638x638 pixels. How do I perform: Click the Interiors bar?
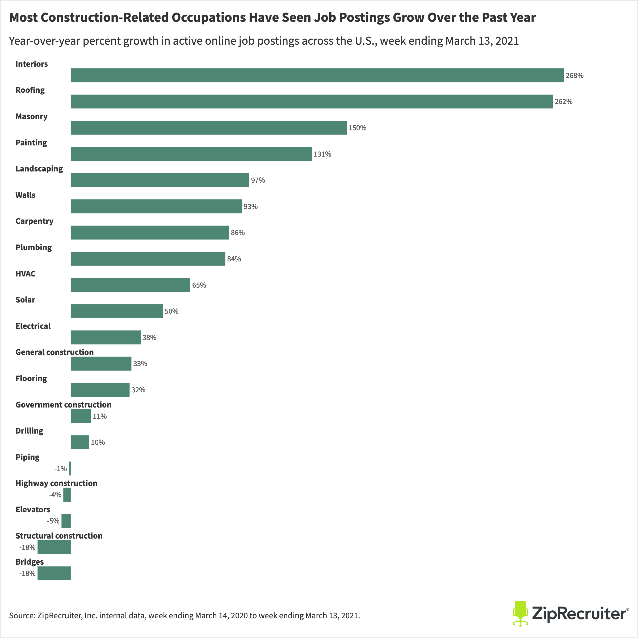[317, 75]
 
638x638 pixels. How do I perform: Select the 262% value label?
[563, 102]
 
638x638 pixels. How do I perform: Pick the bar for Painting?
[191, 154]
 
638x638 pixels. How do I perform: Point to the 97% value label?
[258, 180]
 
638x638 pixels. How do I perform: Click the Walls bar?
[156, 206]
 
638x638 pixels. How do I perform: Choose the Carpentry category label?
[34, 221]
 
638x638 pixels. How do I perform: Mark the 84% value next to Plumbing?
[234, 259]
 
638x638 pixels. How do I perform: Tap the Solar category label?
[25, 300]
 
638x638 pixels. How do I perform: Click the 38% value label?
[149, 338]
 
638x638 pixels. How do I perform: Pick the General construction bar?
[101, 364]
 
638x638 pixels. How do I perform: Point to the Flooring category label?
[31, 379]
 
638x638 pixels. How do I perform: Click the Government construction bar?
[81, 416]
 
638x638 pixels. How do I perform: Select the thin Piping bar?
[70, 468]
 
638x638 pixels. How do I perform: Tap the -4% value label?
[55, 495]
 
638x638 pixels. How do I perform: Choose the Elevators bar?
[66, 521]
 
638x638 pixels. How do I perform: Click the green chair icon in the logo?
[520, 614]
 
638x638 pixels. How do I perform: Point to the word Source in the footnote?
[22, 616]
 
